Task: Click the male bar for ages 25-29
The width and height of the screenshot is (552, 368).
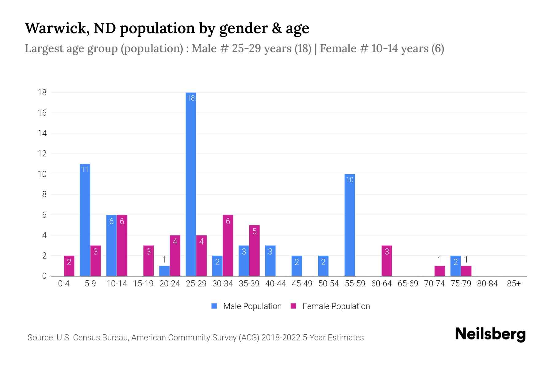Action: coord(191,184)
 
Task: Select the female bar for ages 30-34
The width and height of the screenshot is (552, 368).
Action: coord(228,245)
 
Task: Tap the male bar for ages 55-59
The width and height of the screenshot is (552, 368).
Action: coord(350,225)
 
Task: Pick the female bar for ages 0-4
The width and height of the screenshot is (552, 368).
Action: coord(69,266)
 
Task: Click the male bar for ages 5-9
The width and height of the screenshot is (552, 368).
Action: coord(85,220)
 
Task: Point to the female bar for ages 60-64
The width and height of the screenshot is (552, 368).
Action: coord(387,261)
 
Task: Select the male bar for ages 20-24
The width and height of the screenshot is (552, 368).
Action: coord(164,271)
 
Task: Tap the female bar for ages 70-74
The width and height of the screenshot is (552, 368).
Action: coord(439,271)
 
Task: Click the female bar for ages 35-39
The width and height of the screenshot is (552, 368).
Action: coord(255,251)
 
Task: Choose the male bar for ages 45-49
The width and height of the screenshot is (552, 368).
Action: coord(297,266)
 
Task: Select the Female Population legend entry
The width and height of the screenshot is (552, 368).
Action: coord(330,306)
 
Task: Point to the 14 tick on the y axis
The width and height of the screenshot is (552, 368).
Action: coord(42,133)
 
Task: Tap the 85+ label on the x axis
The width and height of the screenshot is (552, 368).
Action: coord(514,284)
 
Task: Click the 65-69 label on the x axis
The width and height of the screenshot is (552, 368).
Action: coord(408,284)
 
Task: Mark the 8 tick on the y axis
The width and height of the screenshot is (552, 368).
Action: coord(44,194)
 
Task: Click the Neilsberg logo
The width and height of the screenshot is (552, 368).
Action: coord(490,334)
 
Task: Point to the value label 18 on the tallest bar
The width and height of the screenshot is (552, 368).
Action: coord(191,98)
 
